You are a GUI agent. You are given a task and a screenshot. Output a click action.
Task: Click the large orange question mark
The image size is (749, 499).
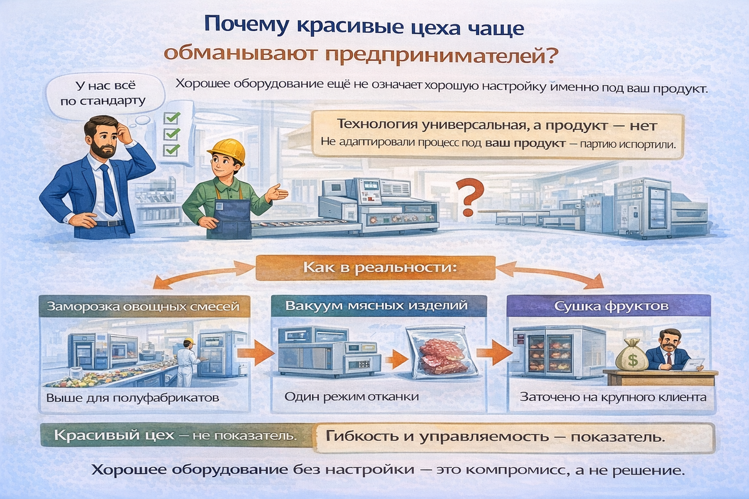[x=469, y=199]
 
